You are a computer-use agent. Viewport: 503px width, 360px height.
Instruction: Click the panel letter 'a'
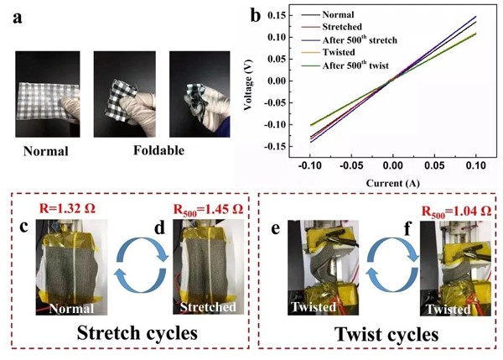[x=18, y=18]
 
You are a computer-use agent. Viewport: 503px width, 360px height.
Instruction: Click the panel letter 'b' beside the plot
[x=255, y=14]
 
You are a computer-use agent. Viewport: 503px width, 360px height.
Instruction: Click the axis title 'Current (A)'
[x=392, y=183]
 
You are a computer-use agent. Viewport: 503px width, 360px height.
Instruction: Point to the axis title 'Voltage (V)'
[x=248, y=85]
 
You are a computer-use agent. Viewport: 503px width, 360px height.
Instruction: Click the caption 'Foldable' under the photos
[x=158, y=150]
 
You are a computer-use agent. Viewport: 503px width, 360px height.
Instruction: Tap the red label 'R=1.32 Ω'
[x=67, y=209]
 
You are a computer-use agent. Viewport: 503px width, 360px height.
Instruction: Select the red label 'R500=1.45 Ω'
[x=208, y=210]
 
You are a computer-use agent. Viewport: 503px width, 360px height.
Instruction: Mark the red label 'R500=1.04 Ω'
[x=456, y=211]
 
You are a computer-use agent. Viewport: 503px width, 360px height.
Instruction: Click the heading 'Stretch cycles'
[x=137, y=333]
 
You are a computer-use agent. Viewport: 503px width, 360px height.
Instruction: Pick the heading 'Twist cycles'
[x=386, y=334]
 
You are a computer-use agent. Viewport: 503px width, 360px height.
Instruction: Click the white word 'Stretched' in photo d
[x=208, y=307]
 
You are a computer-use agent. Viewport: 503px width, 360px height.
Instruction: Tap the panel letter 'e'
[x=276, y=229]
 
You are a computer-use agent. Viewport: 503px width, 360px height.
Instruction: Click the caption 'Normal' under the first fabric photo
[x=45, y=151]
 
